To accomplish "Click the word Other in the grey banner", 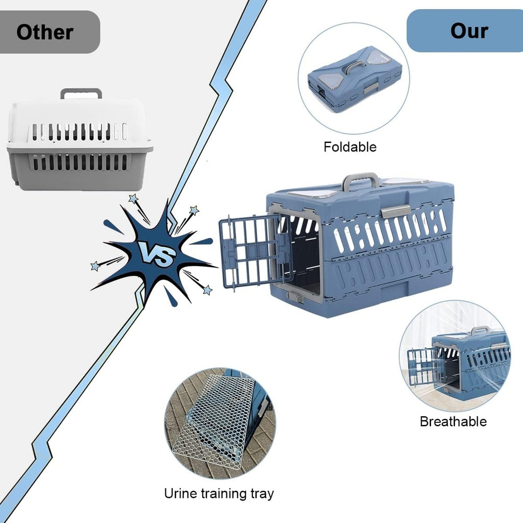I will [x=45, y=32].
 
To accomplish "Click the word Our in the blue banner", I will [x=469, y=31].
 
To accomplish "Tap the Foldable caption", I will [x=350, y=147].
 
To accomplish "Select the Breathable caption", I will [x=453, y=421].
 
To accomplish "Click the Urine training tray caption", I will [x=219, y=493].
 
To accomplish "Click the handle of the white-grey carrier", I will [x=81, y=93].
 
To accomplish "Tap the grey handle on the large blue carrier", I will [x=361, y=179].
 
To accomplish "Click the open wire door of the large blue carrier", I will [x=250, y=250].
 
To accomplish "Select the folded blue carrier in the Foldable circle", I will [x=354, y=79].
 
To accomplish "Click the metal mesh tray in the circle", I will [x=217, y=419].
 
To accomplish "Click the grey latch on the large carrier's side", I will [x=396, y=210].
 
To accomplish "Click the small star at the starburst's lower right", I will [x=207, y=290].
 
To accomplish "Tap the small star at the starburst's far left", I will [x=95, y=266].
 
